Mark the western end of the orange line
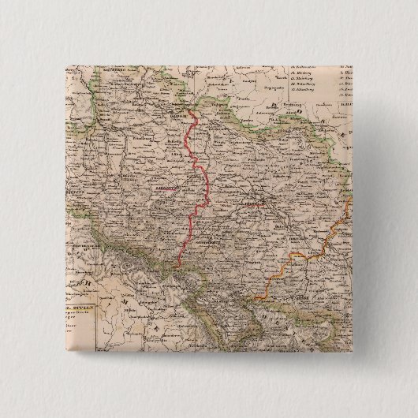(x=254, y=297)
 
